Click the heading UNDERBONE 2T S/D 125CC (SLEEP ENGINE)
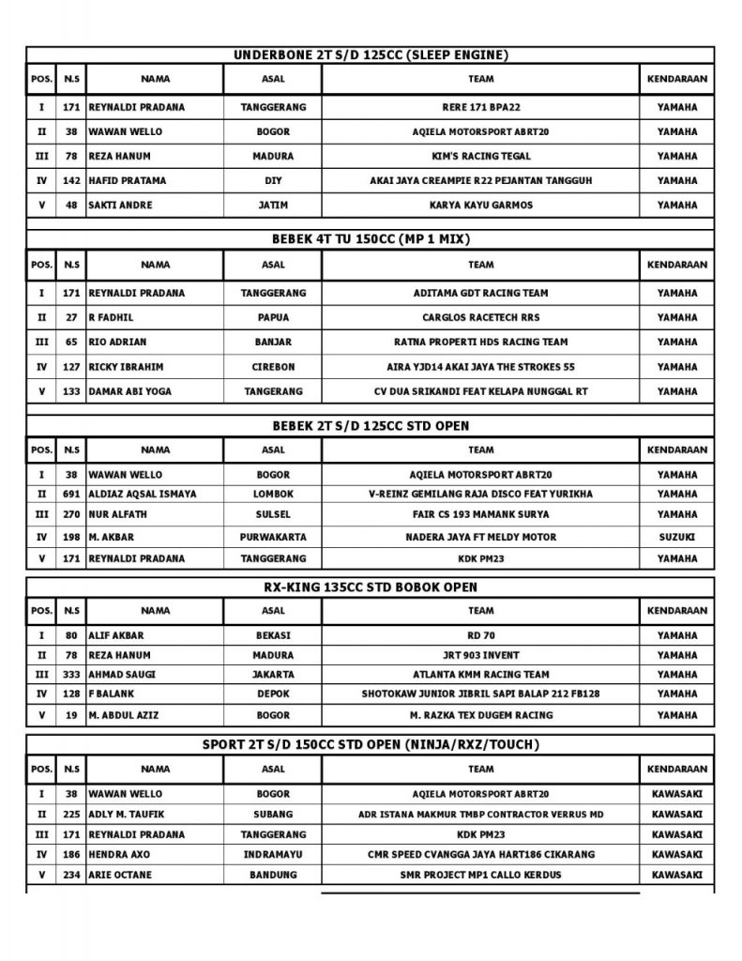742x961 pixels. [371, 55]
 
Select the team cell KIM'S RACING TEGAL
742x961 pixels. [480, 156]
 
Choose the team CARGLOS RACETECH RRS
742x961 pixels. [480, 317]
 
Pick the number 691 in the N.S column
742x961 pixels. [70, 494]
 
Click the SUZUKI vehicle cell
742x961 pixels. [677, 537]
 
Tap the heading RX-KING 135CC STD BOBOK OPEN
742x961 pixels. [371, 587]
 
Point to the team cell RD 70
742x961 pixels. [480, 634]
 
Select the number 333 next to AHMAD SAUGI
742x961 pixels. [70, 674]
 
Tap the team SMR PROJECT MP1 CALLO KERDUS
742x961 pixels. [480, 875]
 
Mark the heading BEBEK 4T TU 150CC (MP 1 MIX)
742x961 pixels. [371, 239]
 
